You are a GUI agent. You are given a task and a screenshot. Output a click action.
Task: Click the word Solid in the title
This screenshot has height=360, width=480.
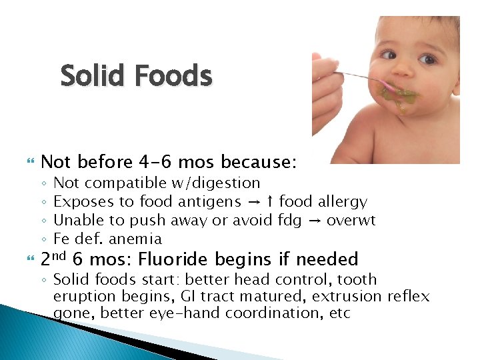point(93,76)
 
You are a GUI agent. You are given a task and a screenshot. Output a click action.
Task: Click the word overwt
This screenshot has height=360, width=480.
point(351,220)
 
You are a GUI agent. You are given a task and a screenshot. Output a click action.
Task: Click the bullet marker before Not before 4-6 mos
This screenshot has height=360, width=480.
point(27,163)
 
